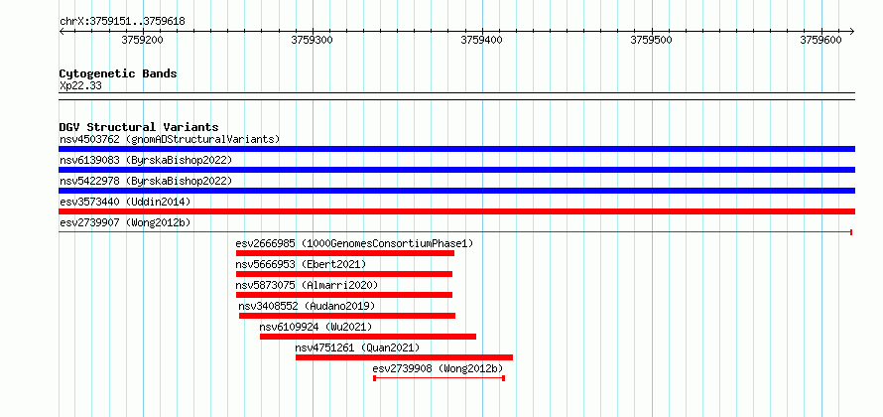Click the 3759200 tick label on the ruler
(x=143, y=41)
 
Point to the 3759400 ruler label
(x=482, y=41)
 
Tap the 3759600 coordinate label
(x=821, y=41)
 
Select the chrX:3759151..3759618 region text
(x=122, y=22)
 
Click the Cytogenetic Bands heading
(x=118, y=73)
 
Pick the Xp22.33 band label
(x=80, y=85)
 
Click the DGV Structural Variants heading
(x=139, y=127)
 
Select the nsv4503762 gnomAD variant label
(x=170, y=139)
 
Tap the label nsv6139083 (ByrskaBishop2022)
(x=146, y=160)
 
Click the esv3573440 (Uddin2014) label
(x=125, y=202)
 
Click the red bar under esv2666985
(x=345, y=253)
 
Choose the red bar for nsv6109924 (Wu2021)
(x=368, y=337)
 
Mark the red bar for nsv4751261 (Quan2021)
(x=405, y=357)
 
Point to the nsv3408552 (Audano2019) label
(x=307, y=306)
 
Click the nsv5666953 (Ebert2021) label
(x=301, y=264)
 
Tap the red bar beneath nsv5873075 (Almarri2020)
(x=344, y=295)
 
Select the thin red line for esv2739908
(x=440, y=377)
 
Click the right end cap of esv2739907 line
(x=851, y=232)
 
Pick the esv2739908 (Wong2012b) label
(x=438, y=368)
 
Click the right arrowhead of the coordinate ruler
(x=852, y=31)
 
